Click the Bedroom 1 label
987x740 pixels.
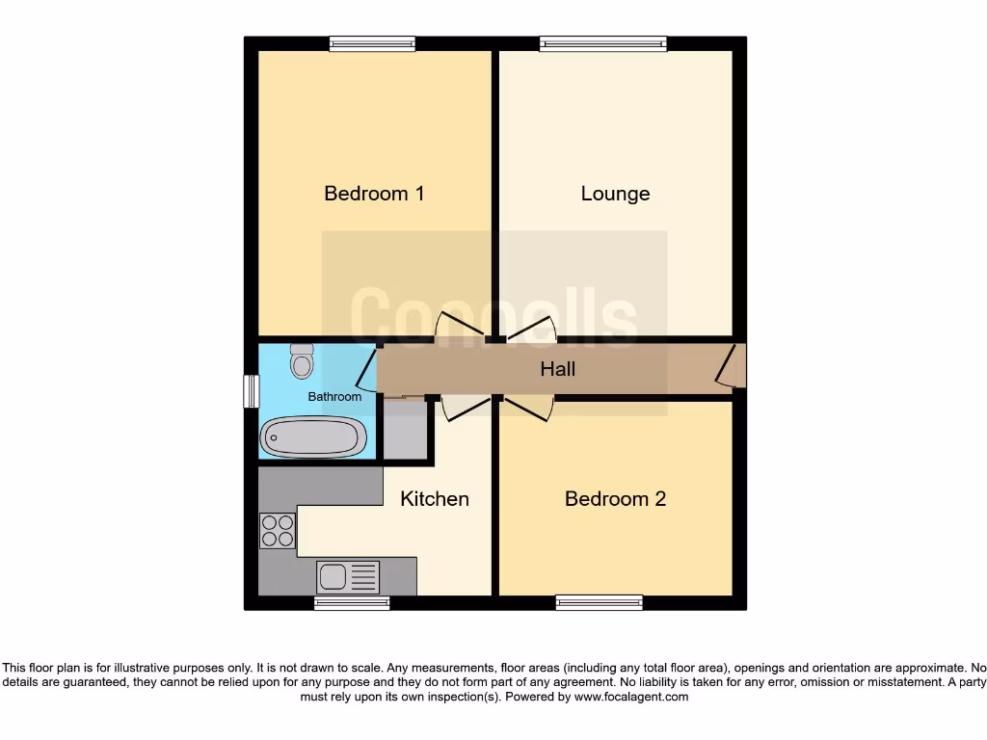coord(374,194)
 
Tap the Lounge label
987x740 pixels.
coord(615,194)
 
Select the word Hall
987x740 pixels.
coord(557,369)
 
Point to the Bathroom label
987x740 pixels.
coord(334,397)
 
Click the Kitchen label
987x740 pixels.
coord(435,499)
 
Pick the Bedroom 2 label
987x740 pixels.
coord(615,499)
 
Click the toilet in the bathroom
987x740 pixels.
coord(302,361)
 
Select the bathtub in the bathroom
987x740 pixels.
coord(313,436)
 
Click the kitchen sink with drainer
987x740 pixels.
coord(348,576)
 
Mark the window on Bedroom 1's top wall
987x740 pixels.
coord(372,43)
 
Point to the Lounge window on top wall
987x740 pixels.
coord(603,43)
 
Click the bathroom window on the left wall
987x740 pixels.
coord(252,389)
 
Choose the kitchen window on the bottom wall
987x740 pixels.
coord(352,603)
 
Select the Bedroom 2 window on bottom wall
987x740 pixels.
coord(600,603)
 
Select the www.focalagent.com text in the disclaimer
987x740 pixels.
coord(632,697)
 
